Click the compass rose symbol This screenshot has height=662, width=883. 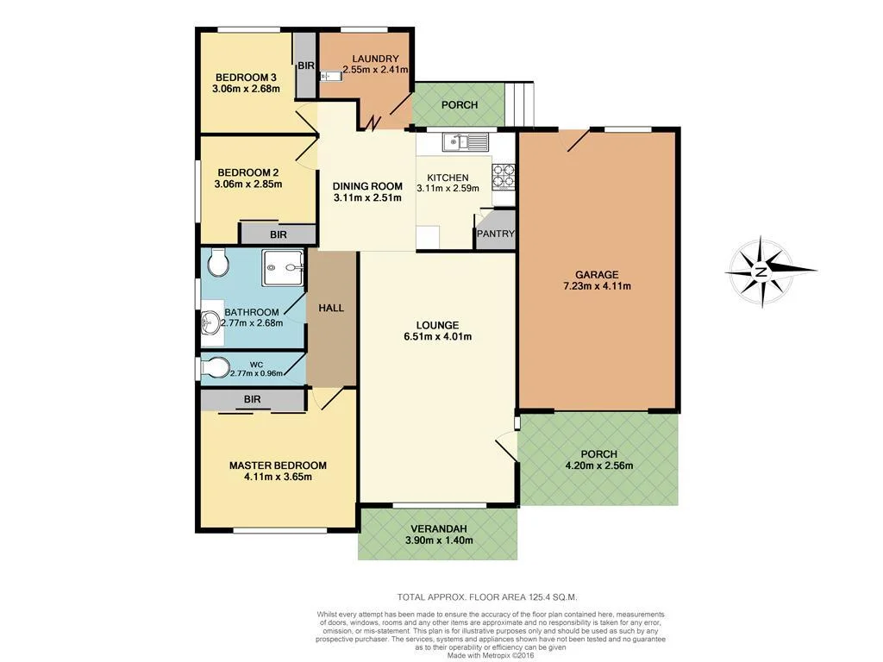(x=761, y=272)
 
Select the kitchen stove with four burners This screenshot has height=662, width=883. (x=504, y=177)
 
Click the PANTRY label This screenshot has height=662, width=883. (x=496, y=234)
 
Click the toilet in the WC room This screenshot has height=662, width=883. (x=214, y=369)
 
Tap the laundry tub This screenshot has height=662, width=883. (x=331, y=77)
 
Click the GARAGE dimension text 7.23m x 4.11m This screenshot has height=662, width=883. (x=598, y=286)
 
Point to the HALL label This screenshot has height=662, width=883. (x=331, y=308)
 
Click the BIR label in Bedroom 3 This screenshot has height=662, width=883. (x=306, y=66)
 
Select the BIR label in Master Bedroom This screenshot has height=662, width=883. (x=252, y=400)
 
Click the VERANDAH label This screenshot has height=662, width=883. (x=438, y=528)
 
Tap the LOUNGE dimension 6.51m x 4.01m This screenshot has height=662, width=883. (x=438, y=337)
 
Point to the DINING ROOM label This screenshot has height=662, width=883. (x=368, y=186)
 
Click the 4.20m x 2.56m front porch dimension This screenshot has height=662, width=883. (x=598, y=466)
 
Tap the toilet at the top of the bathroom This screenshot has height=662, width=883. (x=217, y=262)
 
